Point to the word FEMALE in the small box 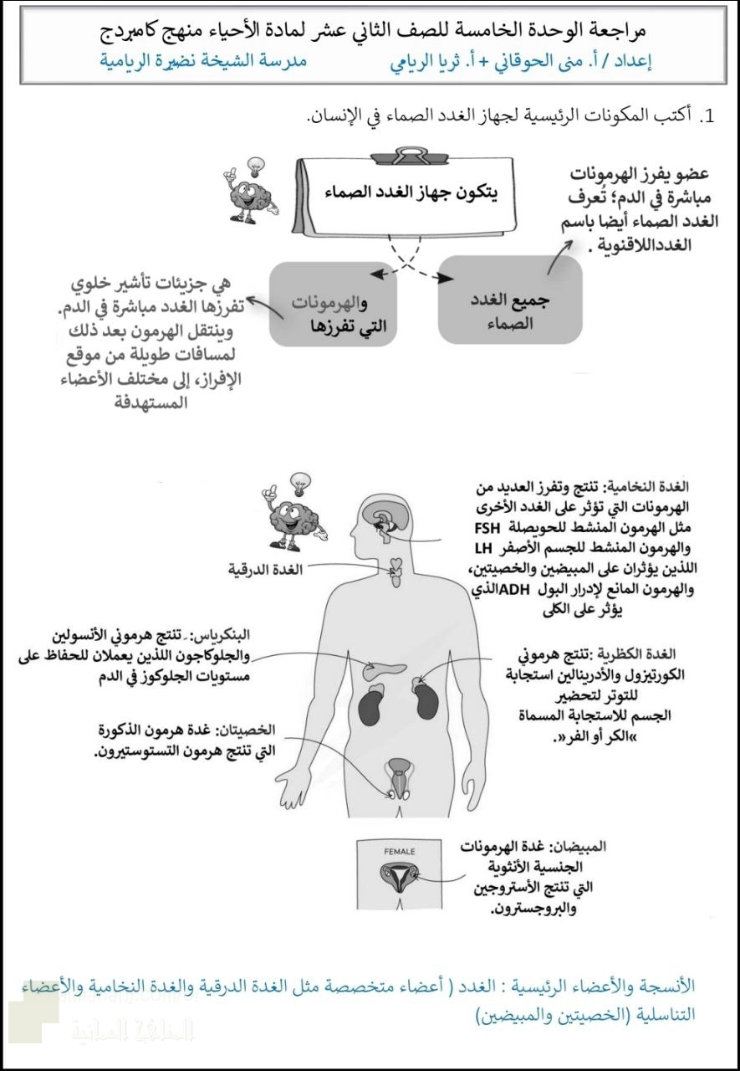click(x=399, y=852)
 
